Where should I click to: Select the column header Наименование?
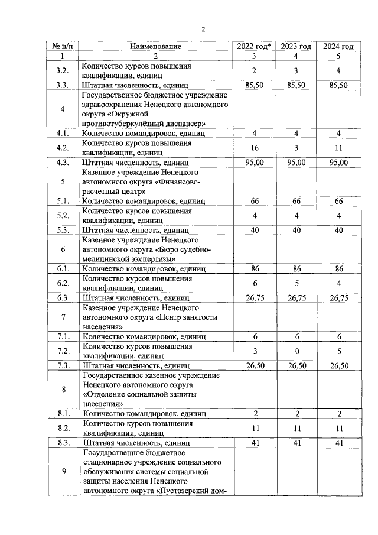pos(156,46)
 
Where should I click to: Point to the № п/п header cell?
pos(62,46)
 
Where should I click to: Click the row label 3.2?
pos(62,71)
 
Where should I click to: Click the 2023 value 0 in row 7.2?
pos(296,351)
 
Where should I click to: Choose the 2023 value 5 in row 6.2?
pos(296,283)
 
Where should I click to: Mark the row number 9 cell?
pos(62,471)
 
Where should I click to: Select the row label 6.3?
pos(62,297)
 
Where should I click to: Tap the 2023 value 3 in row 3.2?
pos(296,71)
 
